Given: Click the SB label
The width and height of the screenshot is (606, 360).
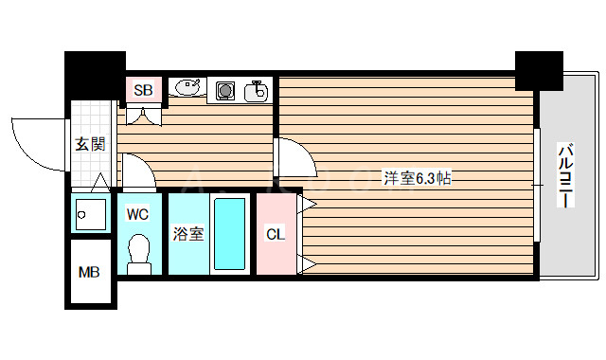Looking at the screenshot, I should point(143,91).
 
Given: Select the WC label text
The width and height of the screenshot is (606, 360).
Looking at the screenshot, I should point(137,214).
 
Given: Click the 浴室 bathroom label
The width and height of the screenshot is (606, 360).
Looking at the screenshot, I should point(187,233).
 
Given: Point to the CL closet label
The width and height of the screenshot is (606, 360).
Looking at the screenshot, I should point(275,233).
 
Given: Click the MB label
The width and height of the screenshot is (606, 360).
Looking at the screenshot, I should point(88,274).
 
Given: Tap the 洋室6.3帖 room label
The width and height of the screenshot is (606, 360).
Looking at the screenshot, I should point(417,177).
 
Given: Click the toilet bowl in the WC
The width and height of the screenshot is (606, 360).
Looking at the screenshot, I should point(138,254).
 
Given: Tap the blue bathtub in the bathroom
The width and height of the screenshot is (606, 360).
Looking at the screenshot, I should point(229,235).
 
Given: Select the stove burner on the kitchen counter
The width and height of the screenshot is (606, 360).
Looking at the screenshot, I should point(226,91).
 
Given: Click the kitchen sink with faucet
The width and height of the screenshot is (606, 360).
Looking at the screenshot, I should point(256,91).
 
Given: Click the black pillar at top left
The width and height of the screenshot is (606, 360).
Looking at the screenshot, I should point(94,72).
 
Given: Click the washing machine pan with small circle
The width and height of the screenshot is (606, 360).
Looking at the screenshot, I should point(91,214).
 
